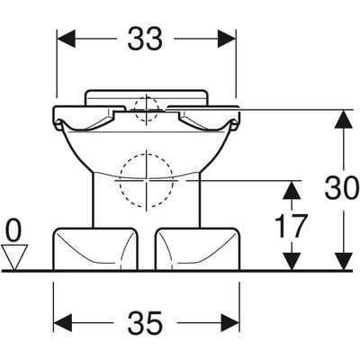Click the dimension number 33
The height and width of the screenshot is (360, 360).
(145, 39)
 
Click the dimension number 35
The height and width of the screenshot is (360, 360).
(145, 323)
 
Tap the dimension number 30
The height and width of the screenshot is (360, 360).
(342, 188)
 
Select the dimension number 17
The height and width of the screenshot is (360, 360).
(292, 225)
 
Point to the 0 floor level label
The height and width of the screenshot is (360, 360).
(14, 230)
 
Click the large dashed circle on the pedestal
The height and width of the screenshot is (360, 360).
(147, 181)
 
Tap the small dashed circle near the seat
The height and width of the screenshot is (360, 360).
(147, 110)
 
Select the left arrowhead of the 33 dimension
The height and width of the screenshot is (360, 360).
(66, 39)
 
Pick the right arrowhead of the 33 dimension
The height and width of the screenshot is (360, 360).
(227, 39)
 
